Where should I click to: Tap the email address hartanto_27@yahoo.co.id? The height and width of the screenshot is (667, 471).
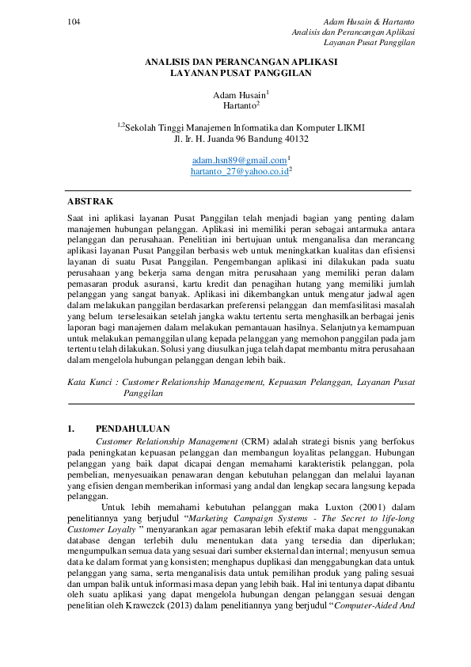(238, 170)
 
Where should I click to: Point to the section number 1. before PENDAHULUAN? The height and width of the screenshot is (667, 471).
(70, 429)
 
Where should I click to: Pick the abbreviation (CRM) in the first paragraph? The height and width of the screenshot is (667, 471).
(254, 440)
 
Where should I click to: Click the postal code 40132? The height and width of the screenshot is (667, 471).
(295, 138)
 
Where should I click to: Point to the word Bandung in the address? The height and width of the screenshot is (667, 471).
(261, 138)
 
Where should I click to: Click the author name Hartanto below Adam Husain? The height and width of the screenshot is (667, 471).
(240, 105)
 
